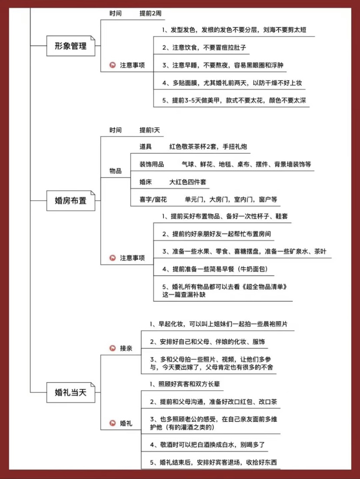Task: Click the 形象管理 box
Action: point(70,46)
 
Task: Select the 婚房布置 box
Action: point(70,200)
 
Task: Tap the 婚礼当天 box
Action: point(70,392)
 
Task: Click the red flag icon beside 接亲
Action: point(113,348)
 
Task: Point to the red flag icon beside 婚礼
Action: point(113,423)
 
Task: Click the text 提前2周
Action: point(150,13)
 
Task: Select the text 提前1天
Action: point(150,130)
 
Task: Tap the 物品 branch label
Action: point(116,171)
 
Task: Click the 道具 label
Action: point(146,146)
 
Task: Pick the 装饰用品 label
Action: point(152,164)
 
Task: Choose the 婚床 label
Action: point(146,182)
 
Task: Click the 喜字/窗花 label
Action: point(153,200)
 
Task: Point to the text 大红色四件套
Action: point(188,182)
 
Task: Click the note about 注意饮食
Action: point(204,48)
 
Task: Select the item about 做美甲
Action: point(234,100)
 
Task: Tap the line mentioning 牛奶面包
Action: point(215,269)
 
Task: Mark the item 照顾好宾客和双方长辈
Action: point(185,384)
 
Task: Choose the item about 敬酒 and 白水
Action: point(207,445)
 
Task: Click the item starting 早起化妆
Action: point(219,324)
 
